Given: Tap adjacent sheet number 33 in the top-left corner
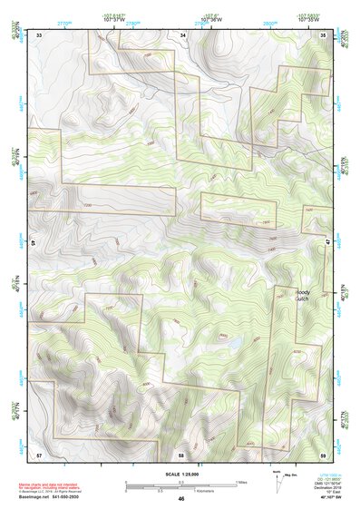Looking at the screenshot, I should (39, 34).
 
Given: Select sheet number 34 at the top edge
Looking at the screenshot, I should (182, 34).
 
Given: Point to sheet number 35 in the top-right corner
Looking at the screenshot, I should (324, 34).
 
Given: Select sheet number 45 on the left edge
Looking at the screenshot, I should (34, 243).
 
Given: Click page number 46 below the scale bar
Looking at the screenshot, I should (181, 498).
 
